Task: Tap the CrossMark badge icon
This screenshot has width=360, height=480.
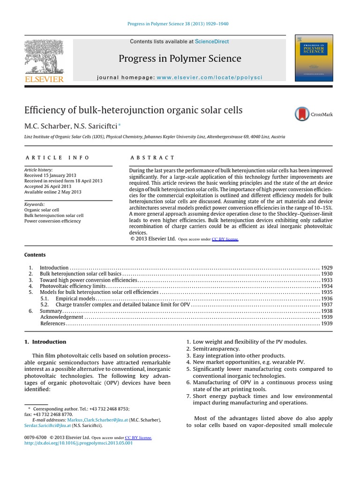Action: click(302, 114)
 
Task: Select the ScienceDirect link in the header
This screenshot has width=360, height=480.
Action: click(212, 42)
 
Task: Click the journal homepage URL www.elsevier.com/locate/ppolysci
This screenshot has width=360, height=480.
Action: click(210, 77)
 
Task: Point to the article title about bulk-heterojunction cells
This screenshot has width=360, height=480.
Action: click(134, 110)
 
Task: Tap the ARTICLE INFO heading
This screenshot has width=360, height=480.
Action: click(57, 157)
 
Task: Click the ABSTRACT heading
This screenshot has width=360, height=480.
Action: click(152, 157)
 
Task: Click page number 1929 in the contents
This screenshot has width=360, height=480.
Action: click(327, 267)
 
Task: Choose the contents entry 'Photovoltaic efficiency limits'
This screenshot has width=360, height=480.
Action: click(73, 286)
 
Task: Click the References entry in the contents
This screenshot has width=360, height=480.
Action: click(53, 323)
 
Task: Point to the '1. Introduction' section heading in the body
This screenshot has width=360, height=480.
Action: click(45, 342)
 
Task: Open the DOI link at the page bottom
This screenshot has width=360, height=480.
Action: click(78, 443)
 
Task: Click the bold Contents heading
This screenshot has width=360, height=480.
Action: click(35, 255)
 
